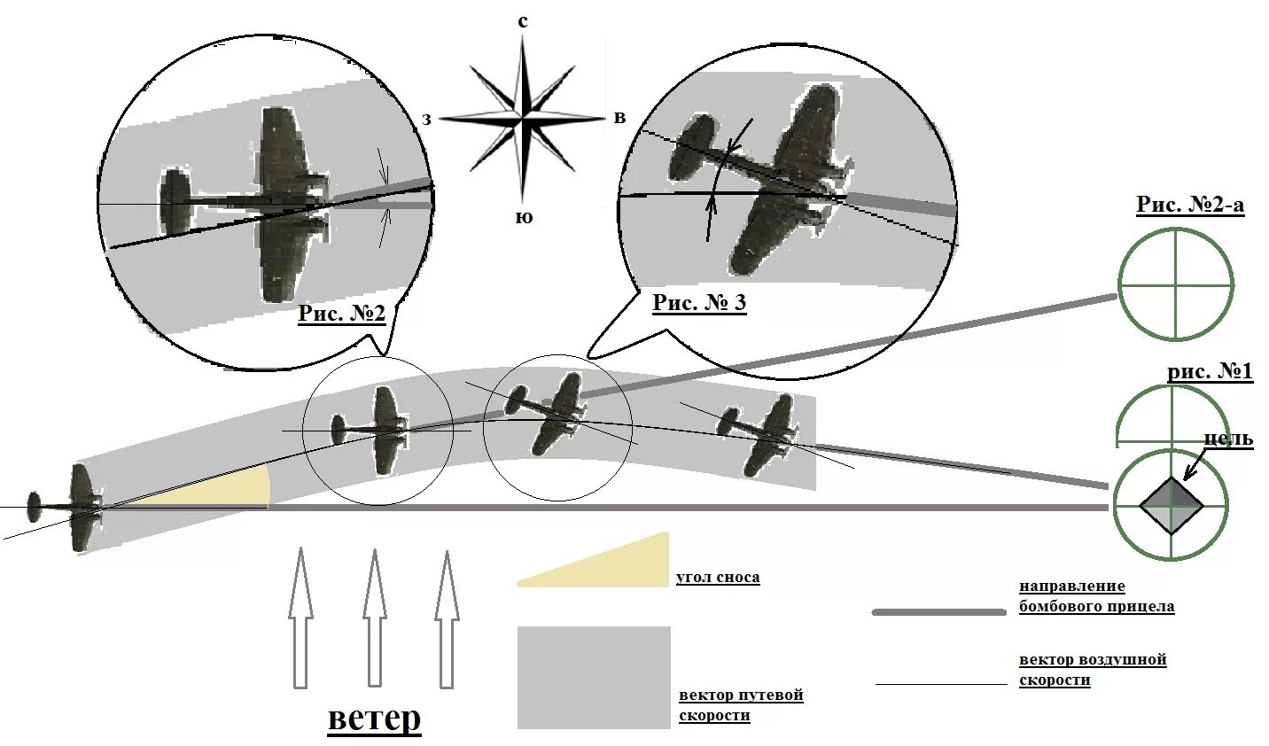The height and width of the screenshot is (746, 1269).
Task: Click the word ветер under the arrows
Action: coord(374,718)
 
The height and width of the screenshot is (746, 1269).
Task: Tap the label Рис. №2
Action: coord(341,314)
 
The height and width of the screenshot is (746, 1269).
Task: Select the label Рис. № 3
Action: coord(699,303)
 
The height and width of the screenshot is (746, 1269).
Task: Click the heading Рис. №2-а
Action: coord(1190,205)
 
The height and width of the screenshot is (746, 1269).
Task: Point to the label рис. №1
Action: coord(1210,371)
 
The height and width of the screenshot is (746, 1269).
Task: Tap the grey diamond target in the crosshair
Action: coord(1171,505)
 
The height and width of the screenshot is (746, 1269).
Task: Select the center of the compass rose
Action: coord(523,117)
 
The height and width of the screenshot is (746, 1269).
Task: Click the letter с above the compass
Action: coord(523,21)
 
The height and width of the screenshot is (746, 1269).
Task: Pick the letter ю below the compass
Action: coord(524,217)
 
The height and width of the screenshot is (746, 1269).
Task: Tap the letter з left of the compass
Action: coord(426,119)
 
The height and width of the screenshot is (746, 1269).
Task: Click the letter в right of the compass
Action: coord(619,118)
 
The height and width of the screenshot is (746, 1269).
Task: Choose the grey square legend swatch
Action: coord(594,678)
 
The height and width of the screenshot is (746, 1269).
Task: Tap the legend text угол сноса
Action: coord(718,578)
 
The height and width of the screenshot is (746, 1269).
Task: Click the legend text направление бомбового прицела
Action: coord(1096,596)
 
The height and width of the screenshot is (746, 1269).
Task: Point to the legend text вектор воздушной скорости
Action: coord(1092,670)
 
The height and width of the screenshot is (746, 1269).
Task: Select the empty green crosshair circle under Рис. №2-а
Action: coord(1175,284)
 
